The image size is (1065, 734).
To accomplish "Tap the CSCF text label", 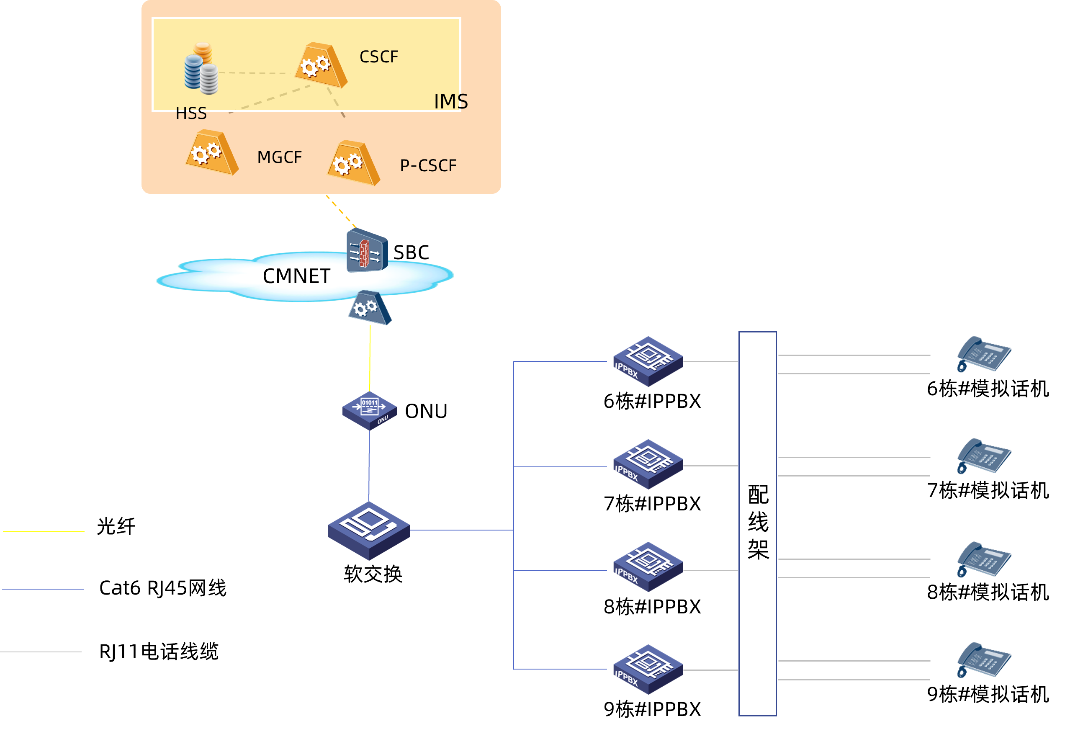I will click(379, 57).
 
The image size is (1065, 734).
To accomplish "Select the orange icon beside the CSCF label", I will click(321, 65).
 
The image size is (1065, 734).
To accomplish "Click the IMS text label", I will click(450, 102).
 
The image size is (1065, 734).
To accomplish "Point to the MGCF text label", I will click(280, 157).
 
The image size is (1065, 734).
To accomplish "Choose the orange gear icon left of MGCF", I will click(212, 152).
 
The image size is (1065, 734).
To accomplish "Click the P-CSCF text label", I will click(428, 165).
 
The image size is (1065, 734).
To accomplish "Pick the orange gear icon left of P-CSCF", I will click(353, 163).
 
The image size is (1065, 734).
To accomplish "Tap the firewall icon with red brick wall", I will click(367, 251).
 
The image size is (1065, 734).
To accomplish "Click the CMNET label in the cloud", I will click(296, 276).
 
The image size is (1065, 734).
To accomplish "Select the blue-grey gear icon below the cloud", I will click(369, 308).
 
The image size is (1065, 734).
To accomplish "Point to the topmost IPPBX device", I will click(648, 361).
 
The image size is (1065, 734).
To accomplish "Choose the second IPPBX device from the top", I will click(648, 464).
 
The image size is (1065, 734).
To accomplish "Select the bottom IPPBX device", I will click(648, 670).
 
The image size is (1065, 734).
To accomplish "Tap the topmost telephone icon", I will click(984, 354).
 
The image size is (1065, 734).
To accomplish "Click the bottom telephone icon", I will click(984, 660).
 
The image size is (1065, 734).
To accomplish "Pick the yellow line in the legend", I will click(44, 532).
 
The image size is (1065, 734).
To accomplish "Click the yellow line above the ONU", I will click(370, 359).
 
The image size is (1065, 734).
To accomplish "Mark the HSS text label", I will click(191, 113).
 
